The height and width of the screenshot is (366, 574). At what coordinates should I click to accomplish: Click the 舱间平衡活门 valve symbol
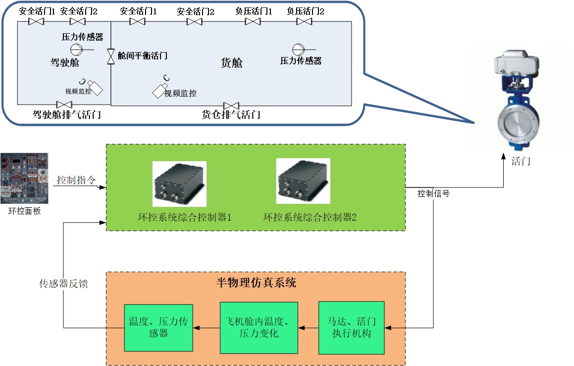click(x=111, y=56)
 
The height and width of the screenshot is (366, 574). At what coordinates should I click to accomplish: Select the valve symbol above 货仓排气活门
click(x=231, y=106)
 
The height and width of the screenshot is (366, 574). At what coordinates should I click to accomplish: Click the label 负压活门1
click(x=254, y=11)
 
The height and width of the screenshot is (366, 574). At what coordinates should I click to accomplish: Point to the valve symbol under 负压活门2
click(x=304, y=21)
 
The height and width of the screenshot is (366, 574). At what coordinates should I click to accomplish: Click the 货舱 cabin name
click(x=231, y=63)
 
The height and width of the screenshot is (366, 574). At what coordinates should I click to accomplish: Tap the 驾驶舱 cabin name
click(x=64, y=62)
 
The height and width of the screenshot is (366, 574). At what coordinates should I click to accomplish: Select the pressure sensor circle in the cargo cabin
click(x=298, y=49)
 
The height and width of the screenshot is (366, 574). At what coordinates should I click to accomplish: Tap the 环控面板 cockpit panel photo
click(x=24, y=178)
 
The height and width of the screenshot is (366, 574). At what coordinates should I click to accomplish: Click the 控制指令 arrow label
click(x=76, y=180)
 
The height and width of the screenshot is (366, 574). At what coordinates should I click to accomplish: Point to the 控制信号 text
click(x=433, y=193)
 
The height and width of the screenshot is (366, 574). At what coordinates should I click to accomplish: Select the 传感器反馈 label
click(x=64, y=284)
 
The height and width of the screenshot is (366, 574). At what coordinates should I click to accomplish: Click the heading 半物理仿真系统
click(x=256, y=283)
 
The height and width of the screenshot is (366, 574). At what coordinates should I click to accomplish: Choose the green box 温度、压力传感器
click(x=158, y=327)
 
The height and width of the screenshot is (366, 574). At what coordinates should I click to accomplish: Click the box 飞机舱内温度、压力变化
click(x=259, y=327)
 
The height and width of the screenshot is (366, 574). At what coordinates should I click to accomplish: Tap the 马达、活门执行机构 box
click(x=351, y=327)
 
